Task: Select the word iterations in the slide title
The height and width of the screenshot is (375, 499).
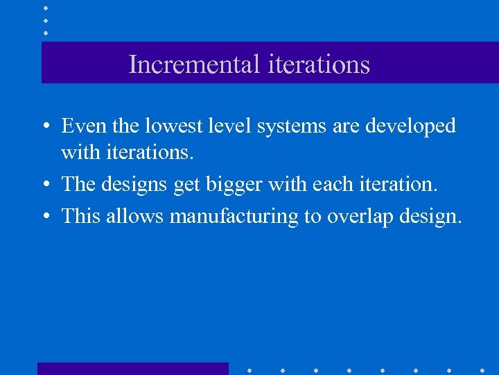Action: tap(318, 65)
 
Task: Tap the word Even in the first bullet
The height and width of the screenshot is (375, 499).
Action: tap(80, 126)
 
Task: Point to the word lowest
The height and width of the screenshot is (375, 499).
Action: tap(166, 126)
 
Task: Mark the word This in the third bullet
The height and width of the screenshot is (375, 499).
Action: tap(80, 216)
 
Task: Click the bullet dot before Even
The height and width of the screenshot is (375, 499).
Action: tap(44, 127)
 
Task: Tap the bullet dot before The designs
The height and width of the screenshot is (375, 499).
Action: tap(44, 185)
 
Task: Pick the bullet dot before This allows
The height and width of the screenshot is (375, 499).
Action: tap(44, 217)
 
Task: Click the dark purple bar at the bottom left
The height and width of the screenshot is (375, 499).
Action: tap(132, 368)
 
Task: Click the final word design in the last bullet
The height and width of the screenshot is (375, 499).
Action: tap(433, 217)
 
